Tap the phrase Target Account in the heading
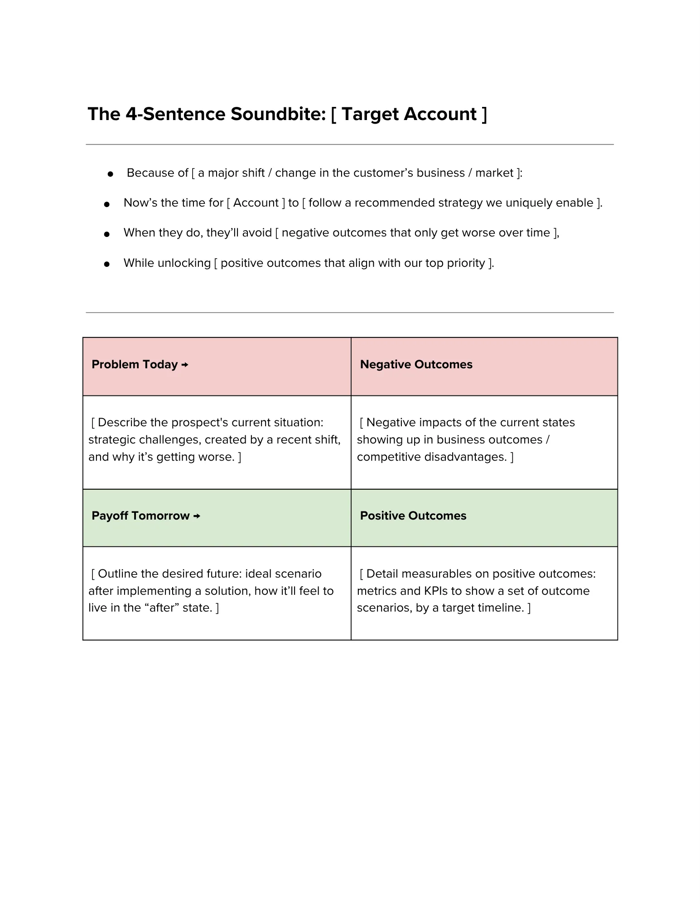(x=409, y=114)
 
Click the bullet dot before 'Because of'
(x=110, y=174)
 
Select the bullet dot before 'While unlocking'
(x=107, y=264)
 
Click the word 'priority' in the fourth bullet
(x=466, y=263)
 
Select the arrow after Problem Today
(x=184, y=365)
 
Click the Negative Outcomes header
(x=416, y=365)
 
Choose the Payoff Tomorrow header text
(x=140, y=516)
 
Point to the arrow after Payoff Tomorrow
(x=197, y=516)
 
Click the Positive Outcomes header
(x=413, y=516)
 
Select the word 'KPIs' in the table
(x=435, y=591)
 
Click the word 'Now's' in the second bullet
(x=139, y=203)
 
